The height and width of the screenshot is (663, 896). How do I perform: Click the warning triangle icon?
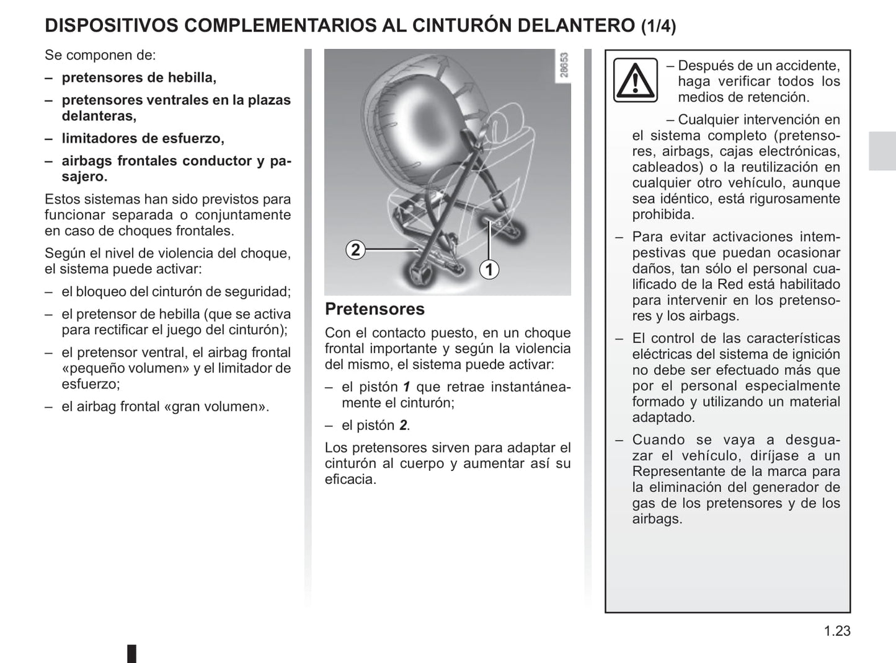click(x=635, y=80)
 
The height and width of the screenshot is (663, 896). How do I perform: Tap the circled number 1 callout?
click(x=489, y=270)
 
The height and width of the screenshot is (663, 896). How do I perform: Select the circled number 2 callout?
click(x=355, y=250)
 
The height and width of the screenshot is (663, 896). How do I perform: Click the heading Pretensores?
click(x=375, y=309)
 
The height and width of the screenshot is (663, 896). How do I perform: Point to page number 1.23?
click(x=837, y=631)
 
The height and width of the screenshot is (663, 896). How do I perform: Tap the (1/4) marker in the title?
click(x=658, y=26)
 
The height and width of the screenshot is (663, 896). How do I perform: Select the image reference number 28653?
click(x=564, y=66)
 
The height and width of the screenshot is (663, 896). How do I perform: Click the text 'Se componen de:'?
click(x=100, y=55)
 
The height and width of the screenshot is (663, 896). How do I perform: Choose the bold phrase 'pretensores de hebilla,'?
click(x=139, y=77)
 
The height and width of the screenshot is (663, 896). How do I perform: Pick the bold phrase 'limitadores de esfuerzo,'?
click(x=143, y=138)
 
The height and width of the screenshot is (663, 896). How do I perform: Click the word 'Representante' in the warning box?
click(x=677, y=472)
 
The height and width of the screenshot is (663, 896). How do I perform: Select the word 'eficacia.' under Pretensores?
click(x=350, y=479)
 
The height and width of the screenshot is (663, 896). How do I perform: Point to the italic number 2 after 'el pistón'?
click(x=403, y=425)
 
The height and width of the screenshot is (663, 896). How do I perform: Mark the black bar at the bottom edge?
click(x=131, y=654)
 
